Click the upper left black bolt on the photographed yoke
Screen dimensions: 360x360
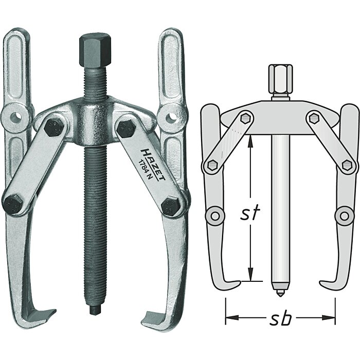click(x=54, y=127)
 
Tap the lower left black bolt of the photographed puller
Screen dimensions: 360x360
click(x=14, y=204)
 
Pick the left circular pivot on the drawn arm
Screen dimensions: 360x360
click(x=214, y=214)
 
